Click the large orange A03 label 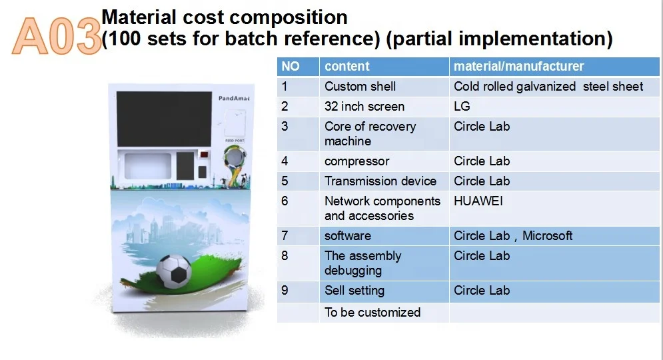(x=57, y=37)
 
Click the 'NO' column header (x=291, y=66)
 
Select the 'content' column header (x=346, y=66)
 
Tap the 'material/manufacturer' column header (x=518, y=66)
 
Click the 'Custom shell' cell (x=360, y=86)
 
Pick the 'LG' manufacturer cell (x=462, y=106)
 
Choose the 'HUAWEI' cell (x=478, y=201)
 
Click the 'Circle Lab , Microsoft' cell (x=513, y=235)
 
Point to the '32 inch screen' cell (x=364, y=106)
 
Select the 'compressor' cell (x=356, y=161)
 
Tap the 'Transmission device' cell (x=380, y=181)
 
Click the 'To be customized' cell (x=372, y=312)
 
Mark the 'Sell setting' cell (x=354, y=290)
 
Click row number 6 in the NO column (x=285, y=201)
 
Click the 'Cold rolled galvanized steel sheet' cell (x=548, y=86)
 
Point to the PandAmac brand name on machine (x=233, y=98)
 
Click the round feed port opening (x=234, y=157)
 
